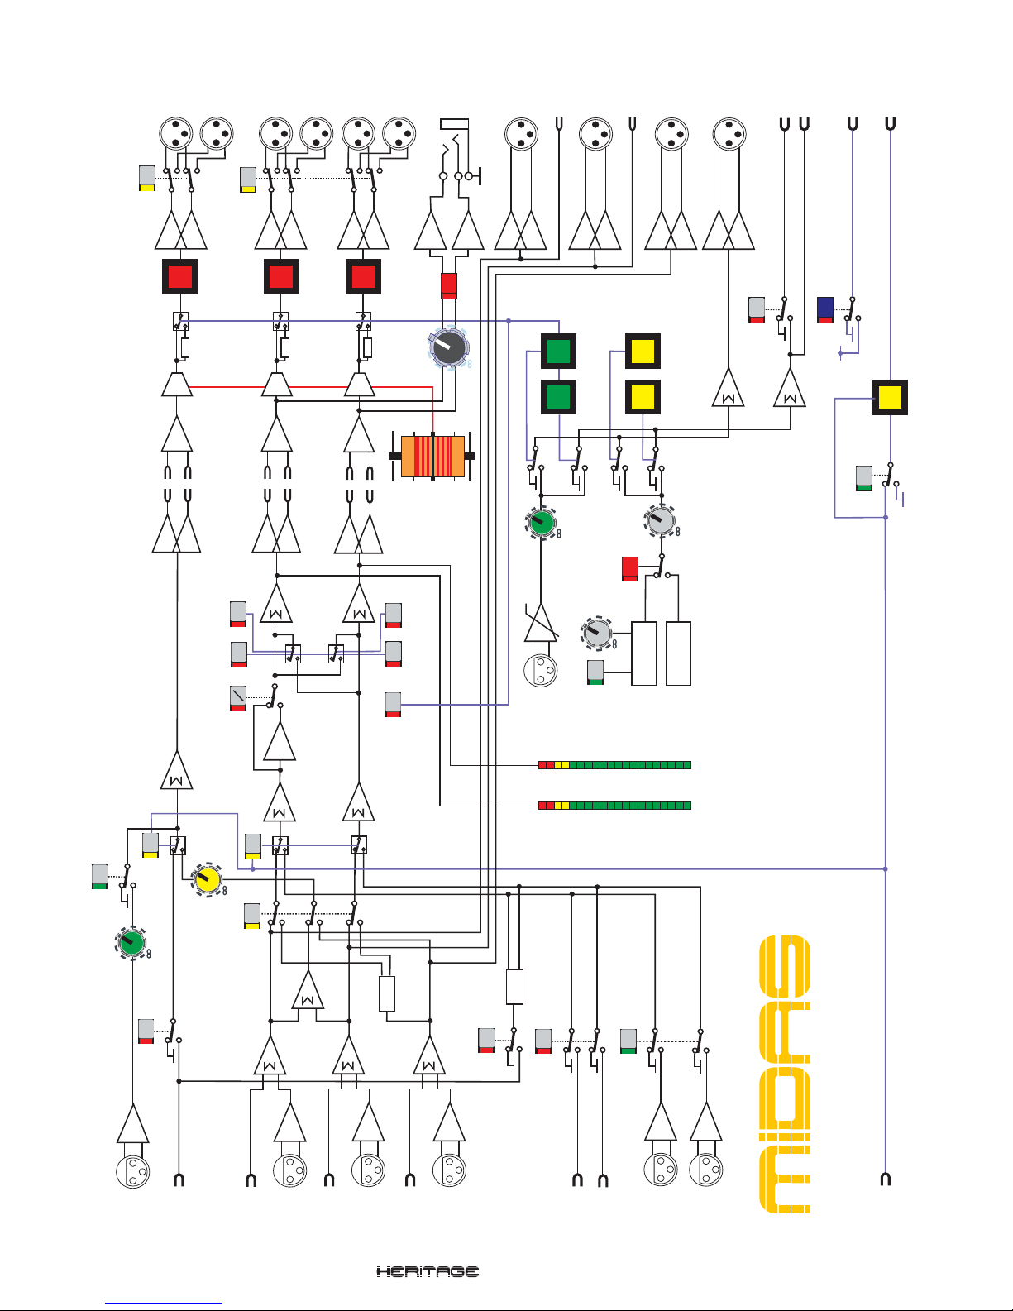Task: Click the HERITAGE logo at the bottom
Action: (x=428, y=1271)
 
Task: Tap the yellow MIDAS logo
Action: (x=785, y=1074)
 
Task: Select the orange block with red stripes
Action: (x=432, y=456)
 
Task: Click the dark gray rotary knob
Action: (x=448, y=347)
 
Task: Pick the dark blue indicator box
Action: (x=825, y=309)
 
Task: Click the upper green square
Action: (x=558, y=351)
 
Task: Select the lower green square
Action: (x=558, y=397)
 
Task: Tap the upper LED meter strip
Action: (x=614, y=765)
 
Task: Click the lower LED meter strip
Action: (x=614, y=805)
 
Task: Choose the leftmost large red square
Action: (x=179, y=276)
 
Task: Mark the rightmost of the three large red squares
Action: (x=363, y=276)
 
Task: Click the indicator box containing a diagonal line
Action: (x=238, y=697)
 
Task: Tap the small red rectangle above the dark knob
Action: (x=449, y=285)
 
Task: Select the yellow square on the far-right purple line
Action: (x=890, y=397)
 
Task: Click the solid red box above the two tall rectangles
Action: (x=630, y=568)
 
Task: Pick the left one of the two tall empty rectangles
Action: (x=644, y=653)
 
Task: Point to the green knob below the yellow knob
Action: (x=131, y=942)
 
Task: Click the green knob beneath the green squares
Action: (x=542, y=522)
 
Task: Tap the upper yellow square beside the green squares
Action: (x=643, y=351)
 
